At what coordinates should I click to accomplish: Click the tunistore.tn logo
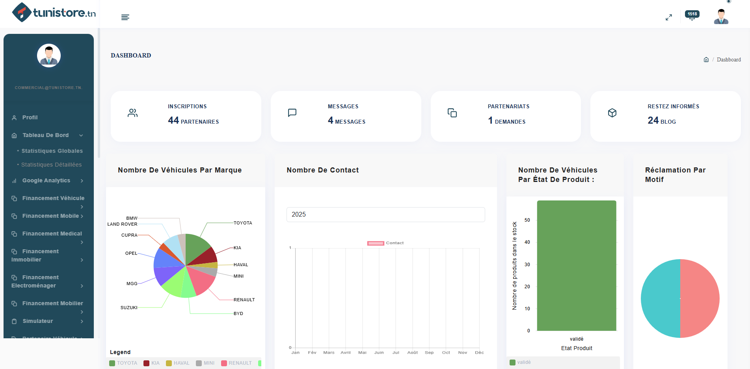(x=54, y=13)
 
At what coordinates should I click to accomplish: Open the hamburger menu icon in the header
(x=125, y=17)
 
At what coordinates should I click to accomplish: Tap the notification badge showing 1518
(x=692, y=14)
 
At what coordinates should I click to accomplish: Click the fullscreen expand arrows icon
(x=668, y=17)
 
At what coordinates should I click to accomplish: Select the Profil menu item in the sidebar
(x=30, y=117)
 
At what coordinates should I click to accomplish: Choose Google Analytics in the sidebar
(x=46, y=180)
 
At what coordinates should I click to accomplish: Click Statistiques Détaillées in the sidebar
(x=51, y=165)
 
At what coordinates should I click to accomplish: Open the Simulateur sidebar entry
(x=38, y=321)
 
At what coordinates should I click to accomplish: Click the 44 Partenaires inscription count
(x=193, y=121)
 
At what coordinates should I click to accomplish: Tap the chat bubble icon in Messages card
(x=292, y=113)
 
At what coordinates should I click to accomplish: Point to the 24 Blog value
(x=661, y=121)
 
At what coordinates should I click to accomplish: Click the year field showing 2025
(x=385, y=215)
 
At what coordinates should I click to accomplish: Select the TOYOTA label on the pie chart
(x=243, y=223)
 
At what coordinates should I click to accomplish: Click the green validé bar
(x=576, y=266)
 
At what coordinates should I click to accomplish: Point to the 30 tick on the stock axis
(x=527, y=265)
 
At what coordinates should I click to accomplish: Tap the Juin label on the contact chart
(x=379, y=352)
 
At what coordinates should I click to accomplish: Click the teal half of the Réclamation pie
(x=661, y=299)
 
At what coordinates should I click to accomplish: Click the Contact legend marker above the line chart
(x=376, y=243)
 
